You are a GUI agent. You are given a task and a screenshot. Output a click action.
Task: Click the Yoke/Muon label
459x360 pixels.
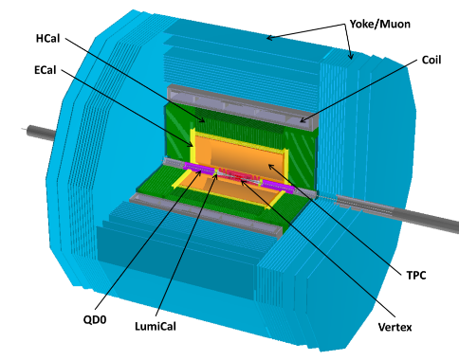pos(380,25)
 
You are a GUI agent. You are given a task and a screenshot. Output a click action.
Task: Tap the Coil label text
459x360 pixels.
pos(431,60)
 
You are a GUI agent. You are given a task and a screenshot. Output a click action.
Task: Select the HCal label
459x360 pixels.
pos(47,39)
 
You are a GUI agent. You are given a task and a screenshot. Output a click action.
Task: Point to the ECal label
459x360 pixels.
pos(46,70)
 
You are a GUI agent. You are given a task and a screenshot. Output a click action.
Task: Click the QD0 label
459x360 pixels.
pos(95,319)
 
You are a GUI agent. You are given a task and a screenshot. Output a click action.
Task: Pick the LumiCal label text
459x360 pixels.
pos(156,326)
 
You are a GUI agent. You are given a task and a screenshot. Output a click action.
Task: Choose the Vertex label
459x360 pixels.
pos(395,327)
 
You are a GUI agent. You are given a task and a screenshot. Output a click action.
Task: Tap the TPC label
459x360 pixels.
pos(416,276)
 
